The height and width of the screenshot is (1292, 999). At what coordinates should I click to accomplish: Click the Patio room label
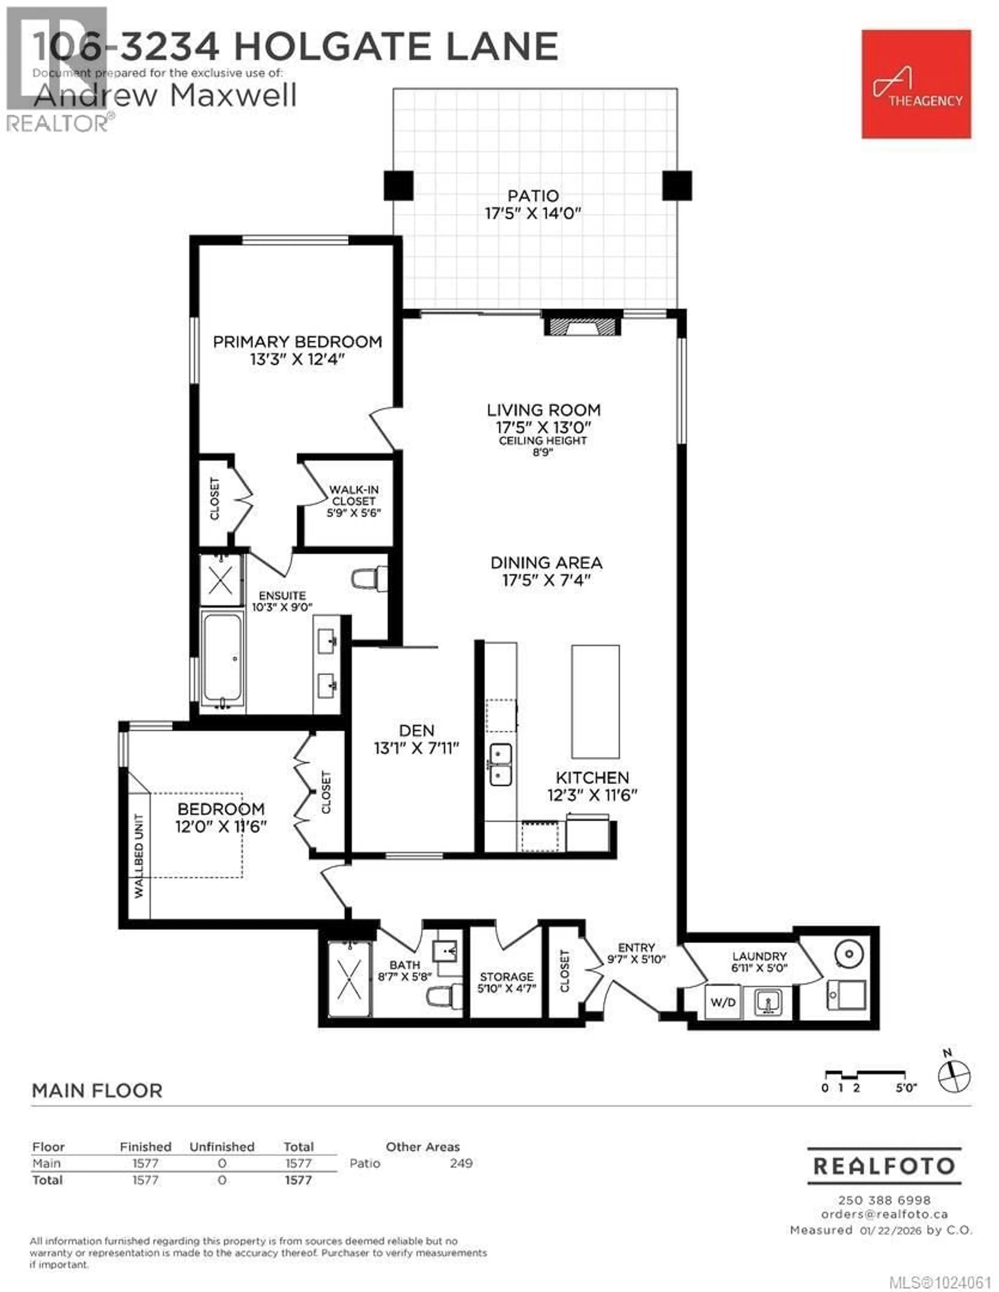[533, 196]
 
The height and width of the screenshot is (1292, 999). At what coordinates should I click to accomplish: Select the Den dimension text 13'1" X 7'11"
[417, 748]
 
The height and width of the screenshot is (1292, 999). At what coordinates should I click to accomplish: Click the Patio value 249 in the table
[461, 1163]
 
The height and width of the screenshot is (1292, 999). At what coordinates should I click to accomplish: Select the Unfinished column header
[222, 1147]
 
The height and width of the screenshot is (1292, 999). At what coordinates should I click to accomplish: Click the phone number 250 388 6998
[884, 1200]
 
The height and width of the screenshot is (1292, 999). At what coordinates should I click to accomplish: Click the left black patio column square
[398, 185]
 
